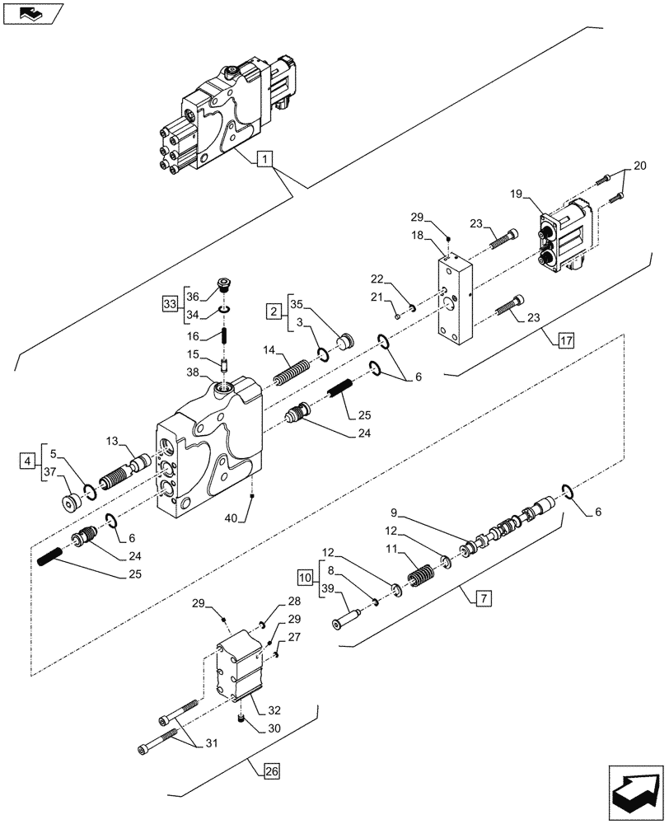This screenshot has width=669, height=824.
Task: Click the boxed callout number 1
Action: [264, 159]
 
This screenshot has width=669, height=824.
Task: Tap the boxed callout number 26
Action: [271, 772]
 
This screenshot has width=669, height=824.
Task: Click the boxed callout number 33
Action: [169, 305]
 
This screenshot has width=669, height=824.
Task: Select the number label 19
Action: [517, 194]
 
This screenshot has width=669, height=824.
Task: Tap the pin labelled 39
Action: [347, 614]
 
